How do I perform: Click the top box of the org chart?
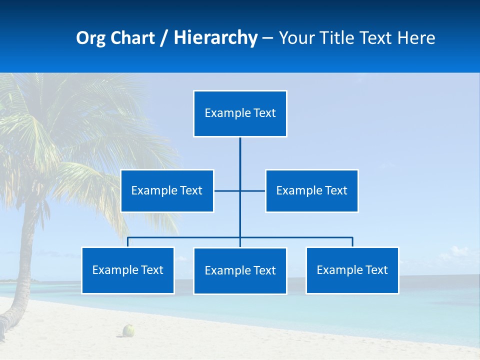tap(240, 113)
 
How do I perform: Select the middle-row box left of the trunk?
tap(167, 190)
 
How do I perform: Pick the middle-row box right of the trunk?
tap(311, 190)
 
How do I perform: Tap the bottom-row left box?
tap(127, 270)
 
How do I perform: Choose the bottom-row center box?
tap(240, 270)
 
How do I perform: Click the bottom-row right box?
tap(352, 270)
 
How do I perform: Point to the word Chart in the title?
tap(130, 38)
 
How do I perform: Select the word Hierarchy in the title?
tap(215, 38)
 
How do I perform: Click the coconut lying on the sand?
tap(129, 330)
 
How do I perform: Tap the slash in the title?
tap(163, 38)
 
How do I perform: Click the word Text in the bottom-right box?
tap(376, 270)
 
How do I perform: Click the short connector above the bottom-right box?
tap(352, 242)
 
